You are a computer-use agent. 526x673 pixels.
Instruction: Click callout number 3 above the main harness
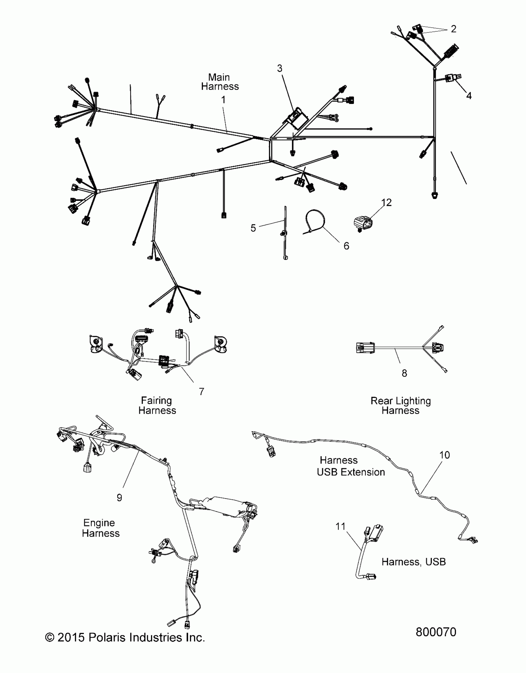280,68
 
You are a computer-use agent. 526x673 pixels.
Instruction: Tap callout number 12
386,202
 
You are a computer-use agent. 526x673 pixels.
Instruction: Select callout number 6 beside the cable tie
346,246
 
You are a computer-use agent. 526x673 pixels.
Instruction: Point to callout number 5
253,228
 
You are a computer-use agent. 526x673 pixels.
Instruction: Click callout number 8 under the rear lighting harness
404,373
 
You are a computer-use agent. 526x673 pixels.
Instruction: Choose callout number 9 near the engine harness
119,497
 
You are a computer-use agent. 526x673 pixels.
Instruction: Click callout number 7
201,391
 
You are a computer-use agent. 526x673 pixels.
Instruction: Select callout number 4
469,96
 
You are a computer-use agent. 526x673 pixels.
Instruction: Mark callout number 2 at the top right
453,29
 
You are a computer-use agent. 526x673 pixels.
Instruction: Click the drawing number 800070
436,632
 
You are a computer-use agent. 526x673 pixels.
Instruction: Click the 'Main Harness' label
220,82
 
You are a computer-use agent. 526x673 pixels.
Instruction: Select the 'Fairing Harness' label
157,405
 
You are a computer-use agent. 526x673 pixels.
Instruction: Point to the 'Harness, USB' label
413,562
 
